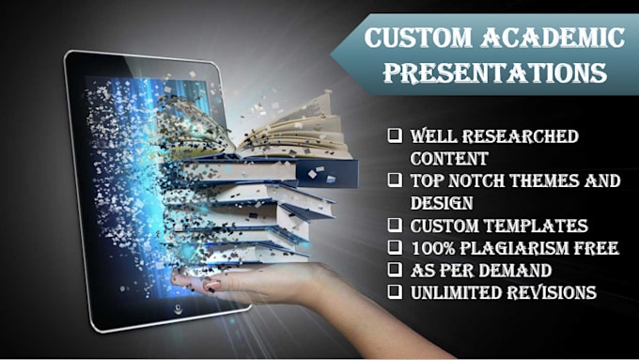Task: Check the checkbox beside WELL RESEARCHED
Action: pos(396,137)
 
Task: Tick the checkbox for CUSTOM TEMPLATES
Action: pos(396,226)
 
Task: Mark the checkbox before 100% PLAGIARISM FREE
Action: pos(396,249)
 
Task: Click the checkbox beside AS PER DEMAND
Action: pos(396,272)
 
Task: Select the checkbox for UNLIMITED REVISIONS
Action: pos(396,293)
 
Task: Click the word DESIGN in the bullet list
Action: pos(441,203)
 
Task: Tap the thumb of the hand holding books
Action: pos(211,283)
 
